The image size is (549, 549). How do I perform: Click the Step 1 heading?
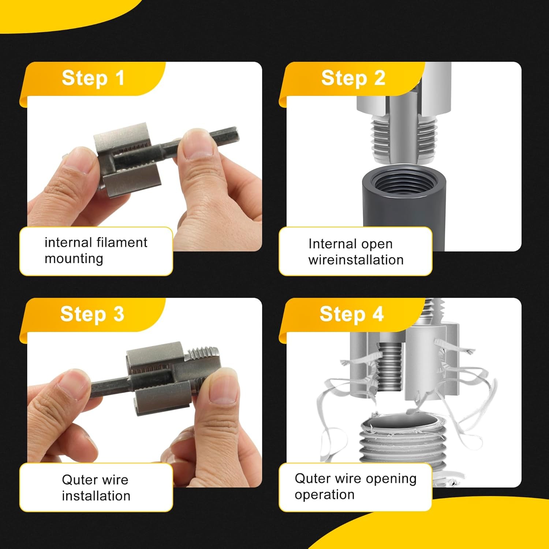tap(93, 78)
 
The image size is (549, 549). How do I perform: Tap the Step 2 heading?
tap(353, 78)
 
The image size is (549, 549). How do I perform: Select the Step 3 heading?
tap(92, 314)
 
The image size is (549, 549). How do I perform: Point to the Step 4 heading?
tap(351, 314)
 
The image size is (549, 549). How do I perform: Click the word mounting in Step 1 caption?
tap(74, 258)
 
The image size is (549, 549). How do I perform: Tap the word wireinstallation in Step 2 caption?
tap(356, 260)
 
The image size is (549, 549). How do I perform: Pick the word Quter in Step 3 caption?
tap(79, 479)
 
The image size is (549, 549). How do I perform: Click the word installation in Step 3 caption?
tap(96, 496)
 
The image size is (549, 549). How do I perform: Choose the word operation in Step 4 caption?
tap(324, 494)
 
